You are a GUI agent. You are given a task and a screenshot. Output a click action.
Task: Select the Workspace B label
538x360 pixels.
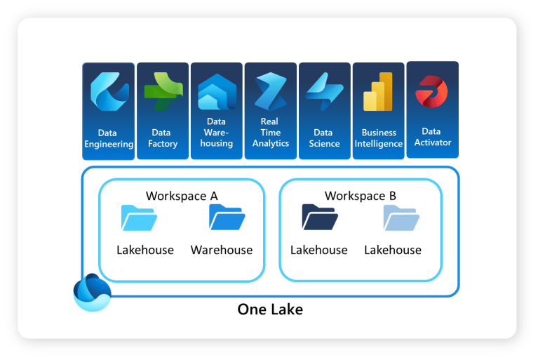click(361, 196)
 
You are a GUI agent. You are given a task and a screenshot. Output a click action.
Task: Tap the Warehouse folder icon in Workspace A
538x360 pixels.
click(226, 218)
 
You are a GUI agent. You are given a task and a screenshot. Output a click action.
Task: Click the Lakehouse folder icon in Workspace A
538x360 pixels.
click(139, 218)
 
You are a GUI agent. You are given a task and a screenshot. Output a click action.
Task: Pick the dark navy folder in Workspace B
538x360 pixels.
click(319, 218)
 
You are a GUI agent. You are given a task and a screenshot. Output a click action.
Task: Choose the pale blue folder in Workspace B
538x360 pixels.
click(401, 218)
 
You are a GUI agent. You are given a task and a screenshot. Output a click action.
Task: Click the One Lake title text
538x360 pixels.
click(270, 309)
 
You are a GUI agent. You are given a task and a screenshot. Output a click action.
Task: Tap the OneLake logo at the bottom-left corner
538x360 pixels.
click(93, 293)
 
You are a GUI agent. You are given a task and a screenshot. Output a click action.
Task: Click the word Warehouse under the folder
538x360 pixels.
click(222, 250)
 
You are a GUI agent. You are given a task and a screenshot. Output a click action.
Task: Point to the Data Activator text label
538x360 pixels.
click(432, 137)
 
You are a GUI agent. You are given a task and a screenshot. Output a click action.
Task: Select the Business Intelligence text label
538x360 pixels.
click(379, 138)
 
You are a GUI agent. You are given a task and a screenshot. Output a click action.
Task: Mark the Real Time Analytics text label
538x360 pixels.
click(271, 132)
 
